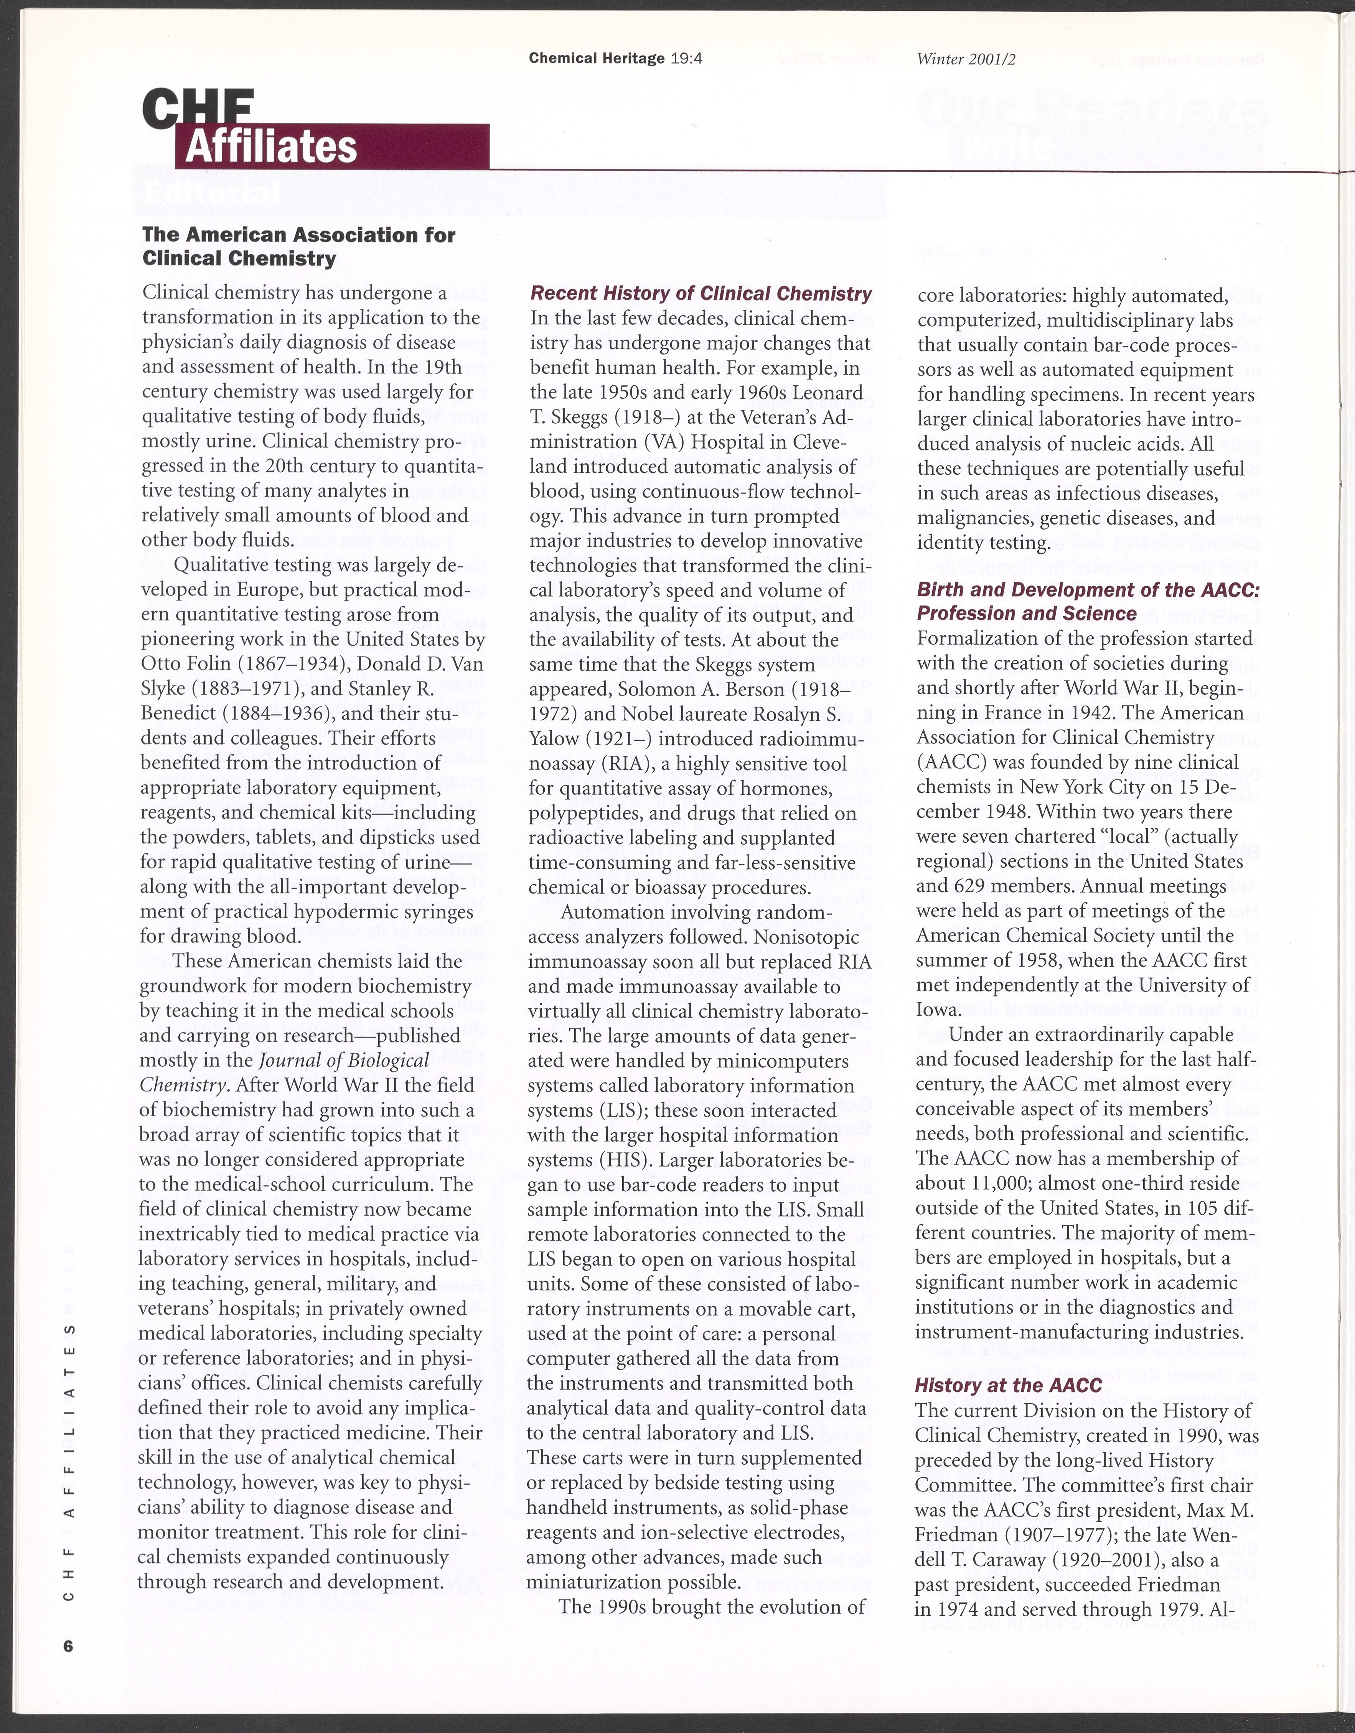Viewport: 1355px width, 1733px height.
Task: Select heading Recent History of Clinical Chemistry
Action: click(x=700, y=294)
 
